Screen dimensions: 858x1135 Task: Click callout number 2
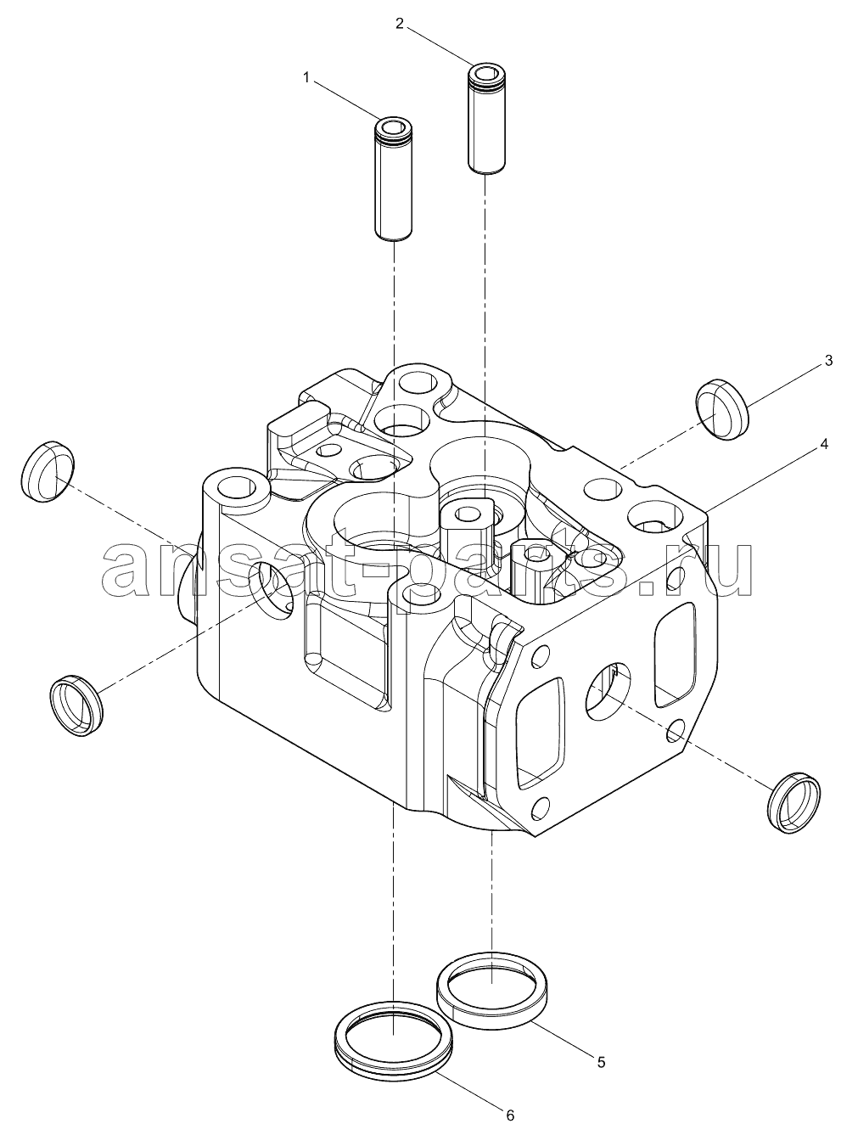coord(399,23)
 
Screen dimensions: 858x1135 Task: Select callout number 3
coord(828,361)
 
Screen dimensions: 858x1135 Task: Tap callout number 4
coord(824,444)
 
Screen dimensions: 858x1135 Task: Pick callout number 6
coord(510,1112)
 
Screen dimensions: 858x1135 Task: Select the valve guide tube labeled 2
coord(487,118)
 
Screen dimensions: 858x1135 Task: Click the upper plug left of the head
coord(48,471)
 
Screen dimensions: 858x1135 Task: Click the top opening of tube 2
coord(487,71)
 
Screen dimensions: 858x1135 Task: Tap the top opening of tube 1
coord(394,126)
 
